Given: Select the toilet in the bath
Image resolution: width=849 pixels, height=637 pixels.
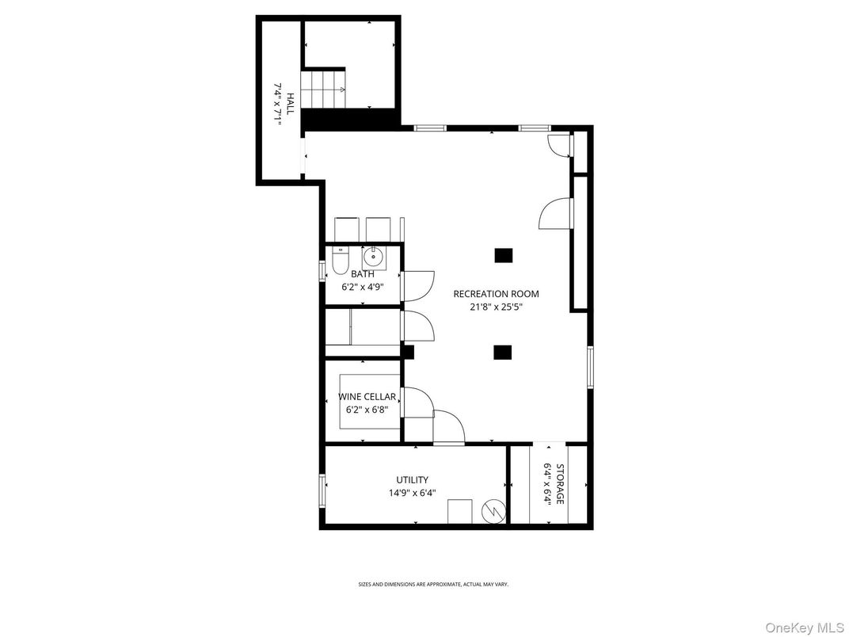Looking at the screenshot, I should [339, 259].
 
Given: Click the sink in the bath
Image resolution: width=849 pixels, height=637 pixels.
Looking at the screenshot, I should [374, 257].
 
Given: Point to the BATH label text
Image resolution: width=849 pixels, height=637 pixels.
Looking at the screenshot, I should [362, 274].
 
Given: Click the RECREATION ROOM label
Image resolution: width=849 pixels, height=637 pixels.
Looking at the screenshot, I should [496, 294].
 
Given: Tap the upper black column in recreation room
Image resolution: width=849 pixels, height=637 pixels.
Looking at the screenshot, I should [503, 255].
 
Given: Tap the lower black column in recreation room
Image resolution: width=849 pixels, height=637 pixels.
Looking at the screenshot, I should [502, 353].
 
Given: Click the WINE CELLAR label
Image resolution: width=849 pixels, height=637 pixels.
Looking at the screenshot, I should [367, 397].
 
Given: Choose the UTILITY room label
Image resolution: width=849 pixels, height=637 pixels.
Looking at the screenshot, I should [412, 479].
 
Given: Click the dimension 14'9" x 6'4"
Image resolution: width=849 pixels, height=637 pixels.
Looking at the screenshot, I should [411, 492].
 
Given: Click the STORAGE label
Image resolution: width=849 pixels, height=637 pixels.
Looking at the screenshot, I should [560, 483].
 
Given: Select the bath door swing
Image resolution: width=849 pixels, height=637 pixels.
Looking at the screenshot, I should [417, 286].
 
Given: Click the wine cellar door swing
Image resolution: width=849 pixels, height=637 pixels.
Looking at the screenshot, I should [417, 402].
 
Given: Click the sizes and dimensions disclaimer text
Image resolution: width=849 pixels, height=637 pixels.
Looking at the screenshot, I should [433, 584].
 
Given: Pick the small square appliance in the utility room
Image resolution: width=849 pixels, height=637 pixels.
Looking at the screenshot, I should [459, 511].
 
